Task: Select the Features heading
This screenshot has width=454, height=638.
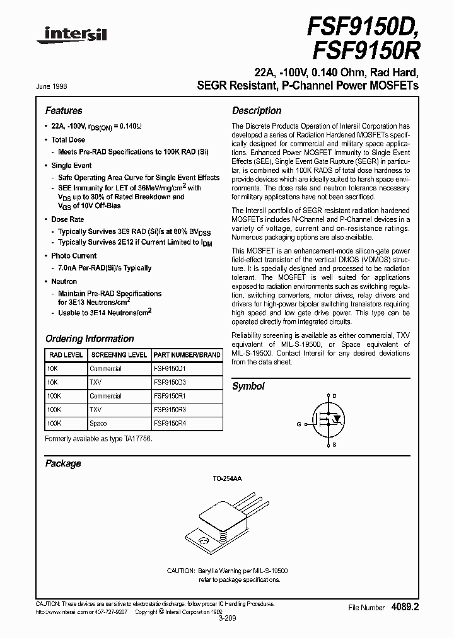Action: (64, 110)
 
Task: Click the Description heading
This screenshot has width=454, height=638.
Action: (257, 110)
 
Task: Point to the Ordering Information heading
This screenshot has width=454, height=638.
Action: (90, 339)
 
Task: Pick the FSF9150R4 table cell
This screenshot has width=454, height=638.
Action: (170, 424)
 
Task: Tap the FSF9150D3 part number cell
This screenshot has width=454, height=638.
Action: (170, 382)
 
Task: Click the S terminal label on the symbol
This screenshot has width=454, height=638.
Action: (334, 445)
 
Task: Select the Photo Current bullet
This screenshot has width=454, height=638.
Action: (74, 256)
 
